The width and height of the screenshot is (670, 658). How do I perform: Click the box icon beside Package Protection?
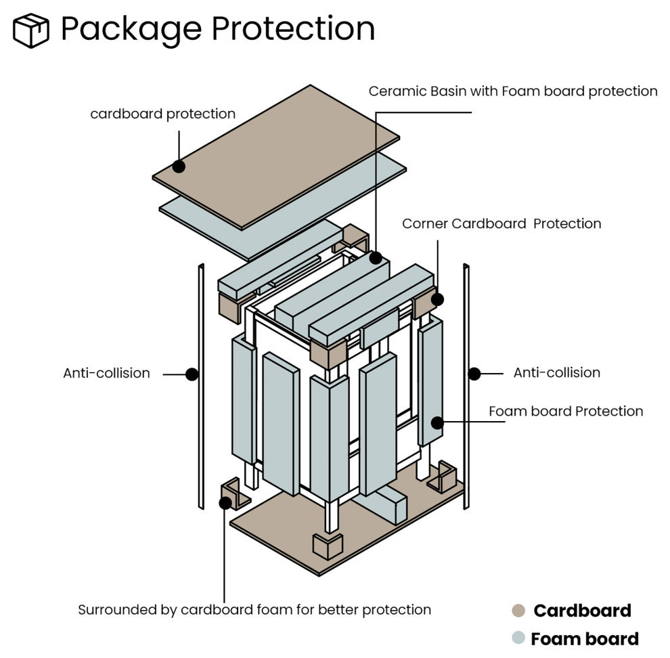click(31, 31)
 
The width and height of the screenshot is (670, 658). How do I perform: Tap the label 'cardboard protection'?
click(162, 114)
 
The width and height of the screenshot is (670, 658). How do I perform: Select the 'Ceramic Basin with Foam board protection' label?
click(512, 91)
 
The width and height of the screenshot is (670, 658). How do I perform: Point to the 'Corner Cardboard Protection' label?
click(501, 223)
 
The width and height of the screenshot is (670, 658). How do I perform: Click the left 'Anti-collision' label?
click(106, 373)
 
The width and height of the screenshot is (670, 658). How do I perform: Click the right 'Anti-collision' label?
click(556, 372)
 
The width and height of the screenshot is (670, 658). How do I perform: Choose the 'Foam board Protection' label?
click(565, 411)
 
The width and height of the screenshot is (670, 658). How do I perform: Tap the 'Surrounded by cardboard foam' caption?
click(254, 609)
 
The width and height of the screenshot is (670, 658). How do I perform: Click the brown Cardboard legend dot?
click(518, 611)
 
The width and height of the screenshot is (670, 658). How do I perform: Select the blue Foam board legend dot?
click(518, 638)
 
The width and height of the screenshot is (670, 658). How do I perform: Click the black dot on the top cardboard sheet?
click(179, 166)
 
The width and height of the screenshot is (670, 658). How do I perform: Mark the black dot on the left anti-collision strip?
click(192, 373)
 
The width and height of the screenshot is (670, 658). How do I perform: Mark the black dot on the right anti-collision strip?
click(474, 373)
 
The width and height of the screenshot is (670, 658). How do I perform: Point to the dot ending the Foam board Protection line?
click(437, 422)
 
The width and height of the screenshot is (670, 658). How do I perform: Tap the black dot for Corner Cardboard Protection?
click(437, 299)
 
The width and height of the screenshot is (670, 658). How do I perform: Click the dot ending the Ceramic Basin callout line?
click(376, 258)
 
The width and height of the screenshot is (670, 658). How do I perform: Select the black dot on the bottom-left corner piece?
click(225, 502)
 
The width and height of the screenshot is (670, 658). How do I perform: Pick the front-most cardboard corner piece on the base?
click(328, 546)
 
